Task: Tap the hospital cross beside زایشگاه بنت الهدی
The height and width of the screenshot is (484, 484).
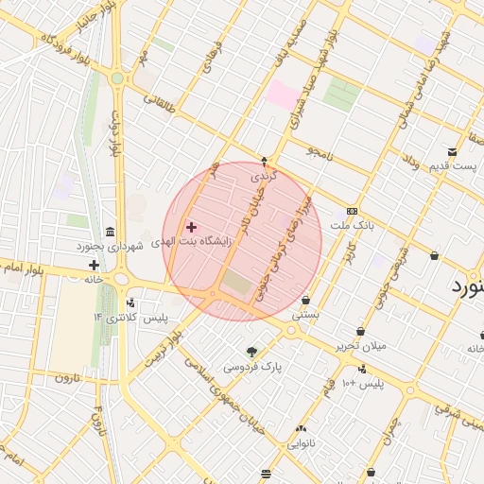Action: pyautogui.click(x=192, y=227)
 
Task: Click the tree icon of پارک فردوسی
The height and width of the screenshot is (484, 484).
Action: pyautogui.click(x=251, y=353)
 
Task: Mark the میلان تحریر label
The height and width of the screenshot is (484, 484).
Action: pyautogui.click(x=361, y=346)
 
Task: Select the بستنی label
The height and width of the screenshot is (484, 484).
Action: pyautogui.click(x=305, y=312)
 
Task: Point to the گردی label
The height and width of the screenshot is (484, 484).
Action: pyautogui.click(x=261, y=177)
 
